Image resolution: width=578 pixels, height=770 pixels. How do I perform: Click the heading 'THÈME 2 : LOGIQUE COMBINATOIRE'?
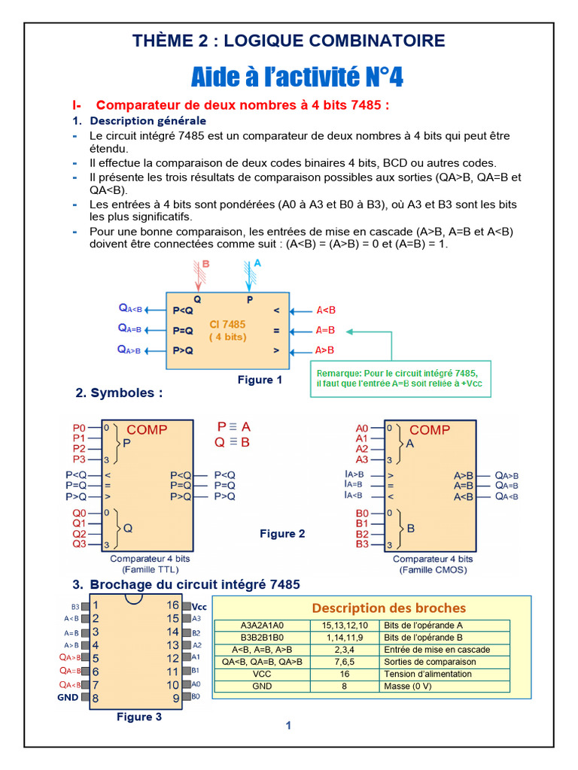coord(289,41)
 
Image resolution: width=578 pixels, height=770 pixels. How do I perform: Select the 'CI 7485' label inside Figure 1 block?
coord(227,325)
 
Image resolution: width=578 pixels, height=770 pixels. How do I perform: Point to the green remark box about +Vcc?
coord(400,378)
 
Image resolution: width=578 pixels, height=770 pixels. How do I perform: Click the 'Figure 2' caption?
coord(282,534)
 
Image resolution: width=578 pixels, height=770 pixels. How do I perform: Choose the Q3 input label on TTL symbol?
coord(79,544)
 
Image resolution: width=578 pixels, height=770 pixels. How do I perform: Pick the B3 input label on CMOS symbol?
coord(362,544)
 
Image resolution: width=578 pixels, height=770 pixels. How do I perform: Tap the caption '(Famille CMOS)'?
coord(433,570)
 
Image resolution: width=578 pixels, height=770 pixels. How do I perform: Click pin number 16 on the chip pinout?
coord(173,605)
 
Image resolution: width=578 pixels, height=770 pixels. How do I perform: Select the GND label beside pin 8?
coord(68,698)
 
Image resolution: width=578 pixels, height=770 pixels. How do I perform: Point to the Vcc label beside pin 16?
coord(199,606)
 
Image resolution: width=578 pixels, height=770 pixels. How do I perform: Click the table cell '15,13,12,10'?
coord(345,626)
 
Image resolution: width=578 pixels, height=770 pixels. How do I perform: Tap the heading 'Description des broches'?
coord(388,608)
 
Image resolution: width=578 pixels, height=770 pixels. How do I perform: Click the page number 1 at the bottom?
coord(288,726)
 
